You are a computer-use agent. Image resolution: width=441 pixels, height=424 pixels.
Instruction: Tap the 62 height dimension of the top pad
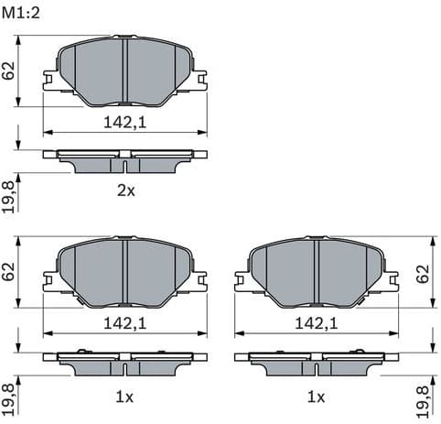pyautogui.click(x=9, y=71)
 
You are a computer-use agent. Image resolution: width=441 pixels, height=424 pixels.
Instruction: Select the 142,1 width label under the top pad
pyautogui.click(x=125, y=121)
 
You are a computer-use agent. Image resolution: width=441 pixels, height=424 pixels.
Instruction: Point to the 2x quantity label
pyautogui.click(x=125, y=190)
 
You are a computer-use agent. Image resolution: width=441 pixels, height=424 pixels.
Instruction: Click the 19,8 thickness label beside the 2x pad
pyautogui.click(x=9, y=195)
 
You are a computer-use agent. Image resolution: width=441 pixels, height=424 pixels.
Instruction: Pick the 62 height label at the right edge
pyautogui.click(x=422, y=273)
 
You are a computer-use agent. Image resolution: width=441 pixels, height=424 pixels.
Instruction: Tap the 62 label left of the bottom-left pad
pyautogui.click(x=9, y=273)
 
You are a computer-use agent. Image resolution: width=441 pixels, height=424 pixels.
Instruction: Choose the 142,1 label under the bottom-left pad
pyautogui.click(x=125, y=323)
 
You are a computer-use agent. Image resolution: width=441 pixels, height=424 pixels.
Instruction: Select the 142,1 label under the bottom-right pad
pyautogui.click(x=316, y=323)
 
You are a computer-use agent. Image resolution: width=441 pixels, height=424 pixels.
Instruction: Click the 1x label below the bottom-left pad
pyautogui.click(x=125, y=397)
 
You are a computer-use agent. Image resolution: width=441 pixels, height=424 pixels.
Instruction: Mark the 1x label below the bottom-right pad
pyautogui.click(x=316, y=397)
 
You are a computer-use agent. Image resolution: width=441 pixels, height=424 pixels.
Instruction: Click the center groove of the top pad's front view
pyautogui.click(x=124, y=71)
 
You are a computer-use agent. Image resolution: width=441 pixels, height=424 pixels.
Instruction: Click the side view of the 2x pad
pyautogui.click(x=125, y=160)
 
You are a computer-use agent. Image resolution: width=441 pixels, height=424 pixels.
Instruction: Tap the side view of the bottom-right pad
pyautogui.click(x=316, y=363)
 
